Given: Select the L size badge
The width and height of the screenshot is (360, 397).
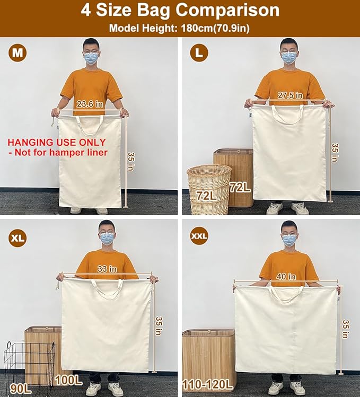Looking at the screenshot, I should pyautogui.click(x=199, y=53).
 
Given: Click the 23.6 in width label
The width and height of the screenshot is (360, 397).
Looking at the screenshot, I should pyautogui.click(x=89, y=104).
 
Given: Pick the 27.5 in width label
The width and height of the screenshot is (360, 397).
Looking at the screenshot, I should pyautogui.click(x=290, y=95).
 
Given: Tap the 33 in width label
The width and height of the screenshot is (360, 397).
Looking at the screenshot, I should pyautogui.click(x=107, y=269).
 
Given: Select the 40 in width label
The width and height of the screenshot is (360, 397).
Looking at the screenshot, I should pyautogui.click(x=286, y=276).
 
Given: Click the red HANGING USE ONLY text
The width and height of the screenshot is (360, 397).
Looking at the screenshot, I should pyautogui.click(x=57, y=143).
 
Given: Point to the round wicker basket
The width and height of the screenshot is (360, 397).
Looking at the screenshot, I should pyautogui.click(x=209, y=188).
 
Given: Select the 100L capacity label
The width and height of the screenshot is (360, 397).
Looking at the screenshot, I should pyautogui.click(x=67, y=379).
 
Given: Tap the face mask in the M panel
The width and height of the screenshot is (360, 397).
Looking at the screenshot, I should pyautogui.click(x=91, y=58).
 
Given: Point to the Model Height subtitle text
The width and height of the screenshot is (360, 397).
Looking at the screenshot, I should pyautogui.click(x=180, y=28).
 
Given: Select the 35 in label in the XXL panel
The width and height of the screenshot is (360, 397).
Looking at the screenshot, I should pyautogui.click(x=346, y=329).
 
